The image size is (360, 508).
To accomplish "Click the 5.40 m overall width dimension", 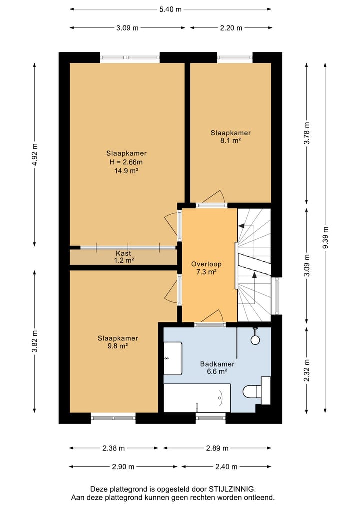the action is point(170,9).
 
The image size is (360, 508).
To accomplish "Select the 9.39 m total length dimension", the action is point(325,238).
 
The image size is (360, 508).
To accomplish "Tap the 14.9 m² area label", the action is point(126,171).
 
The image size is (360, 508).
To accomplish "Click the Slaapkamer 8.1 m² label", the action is point(231,137).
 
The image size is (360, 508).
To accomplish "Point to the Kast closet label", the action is point(124,253).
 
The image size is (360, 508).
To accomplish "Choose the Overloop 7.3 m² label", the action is point(206,268).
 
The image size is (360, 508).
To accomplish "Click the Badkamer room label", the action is point(217,364).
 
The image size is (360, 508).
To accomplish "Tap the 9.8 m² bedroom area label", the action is point(118,346).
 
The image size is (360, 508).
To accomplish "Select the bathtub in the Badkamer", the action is point(197,398).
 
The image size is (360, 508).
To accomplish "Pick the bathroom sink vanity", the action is point(173,358).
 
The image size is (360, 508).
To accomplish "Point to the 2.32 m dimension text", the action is point(307,370).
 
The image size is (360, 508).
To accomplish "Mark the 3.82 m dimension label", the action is point(35,341).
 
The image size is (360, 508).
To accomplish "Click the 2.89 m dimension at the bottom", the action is point(217,448).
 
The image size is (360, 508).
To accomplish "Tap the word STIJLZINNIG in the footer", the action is point(232,489).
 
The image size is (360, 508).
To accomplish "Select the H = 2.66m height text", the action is point(126,162).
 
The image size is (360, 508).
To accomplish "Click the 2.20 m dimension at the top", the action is point(231,28).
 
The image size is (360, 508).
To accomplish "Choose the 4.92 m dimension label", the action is point(35,154).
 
